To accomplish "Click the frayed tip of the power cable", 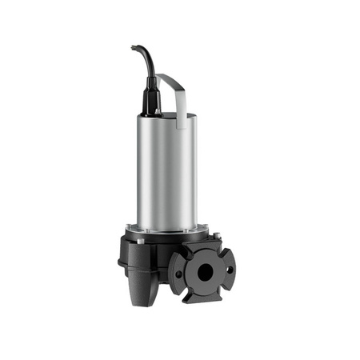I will click(x=134, y=48).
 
